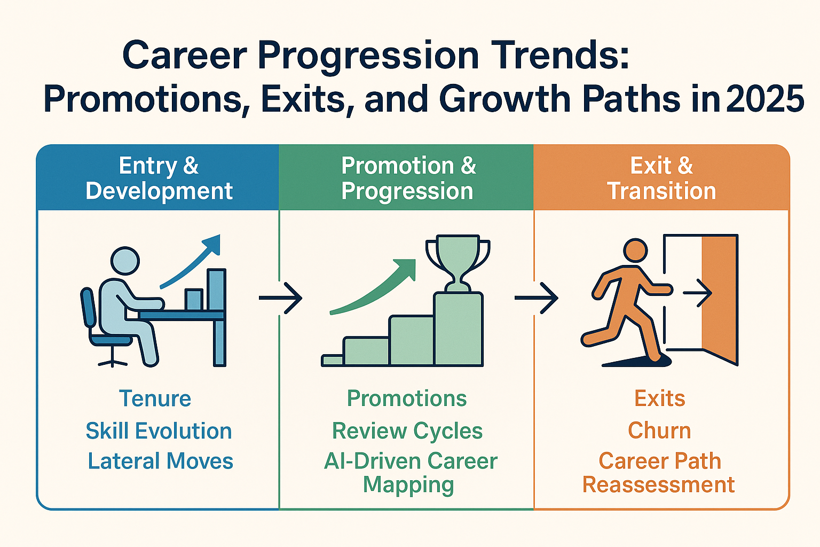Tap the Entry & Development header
coord(159,178)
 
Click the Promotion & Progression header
coord(407,178)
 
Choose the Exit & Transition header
coord(661,178)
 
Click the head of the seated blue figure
coord(124,261)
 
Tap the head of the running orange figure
coord(635,250)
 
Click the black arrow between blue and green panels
coord(281,298)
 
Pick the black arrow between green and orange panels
coord(537,298)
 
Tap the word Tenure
coord(155,398)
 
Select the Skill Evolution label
coord(159,431)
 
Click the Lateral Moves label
coord(160,461)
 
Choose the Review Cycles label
coord(407,431)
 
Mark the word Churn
coord(659,430)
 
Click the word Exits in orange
coord(659,398)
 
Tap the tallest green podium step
coord(459,329)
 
